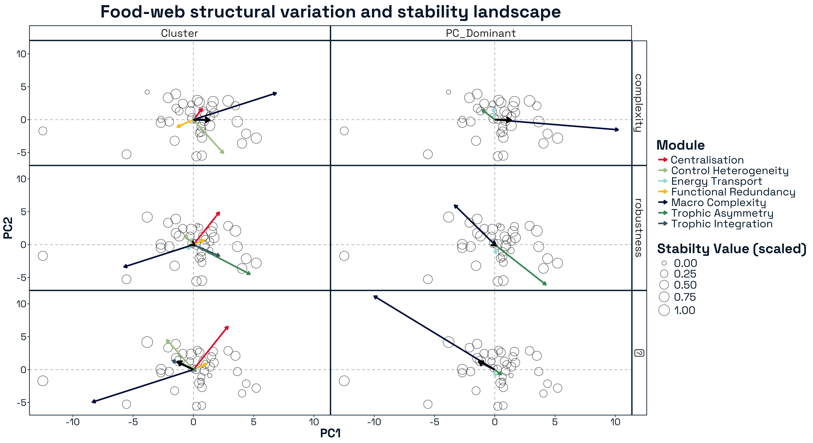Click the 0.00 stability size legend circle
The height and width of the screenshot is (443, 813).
(664, 263)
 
